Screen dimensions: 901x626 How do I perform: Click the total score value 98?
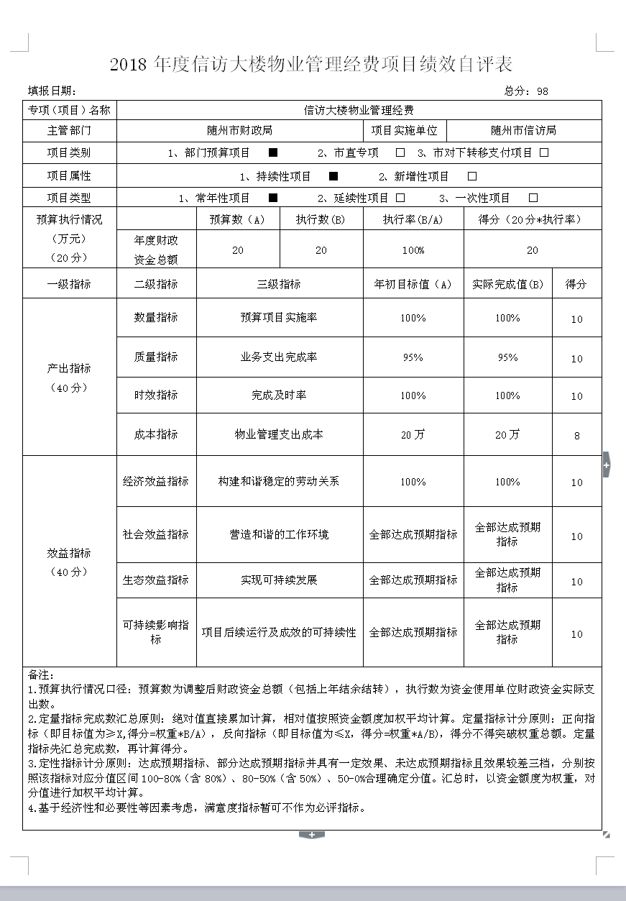click(542, 91)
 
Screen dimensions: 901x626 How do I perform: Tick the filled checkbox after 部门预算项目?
click(273, 152)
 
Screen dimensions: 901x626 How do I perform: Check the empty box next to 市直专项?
click(400, 152)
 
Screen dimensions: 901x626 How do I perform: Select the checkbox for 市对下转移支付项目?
click(544, 152)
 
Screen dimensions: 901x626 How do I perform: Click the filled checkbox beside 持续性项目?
click(333, 176)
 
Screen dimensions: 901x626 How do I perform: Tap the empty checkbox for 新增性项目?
click(472, 176)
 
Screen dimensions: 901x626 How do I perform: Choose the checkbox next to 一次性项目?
click(533, 198)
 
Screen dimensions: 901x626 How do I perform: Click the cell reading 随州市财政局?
click(239, 130)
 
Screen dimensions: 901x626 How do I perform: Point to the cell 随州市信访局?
click(523, 130)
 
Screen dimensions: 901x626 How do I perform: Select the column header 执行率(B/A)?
click(413, 219)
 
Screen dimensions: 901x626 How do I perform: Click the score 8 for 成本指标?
click(576, 436)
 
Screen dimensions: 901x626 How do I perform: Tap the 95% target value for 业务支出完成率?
click(413, 357)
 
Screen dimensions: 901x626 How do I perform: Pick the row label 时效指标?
click(156, 395)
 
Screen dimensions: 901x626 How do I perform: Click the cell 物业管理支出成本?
click(279, 434)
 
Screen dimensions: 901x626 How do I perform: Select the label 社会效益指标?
click(156, 534)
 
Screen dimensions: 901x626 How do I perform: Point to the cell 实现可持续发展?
click(279, 580)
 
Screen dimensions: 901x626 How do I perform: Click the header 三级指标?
click(279, 284)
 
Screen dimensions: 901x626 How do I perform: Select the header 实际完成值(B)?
click(507, 284)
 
